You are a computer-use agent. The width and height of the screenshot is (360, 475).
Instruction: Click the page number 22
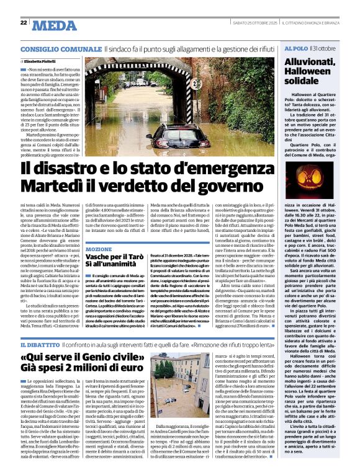[x=24, y=23]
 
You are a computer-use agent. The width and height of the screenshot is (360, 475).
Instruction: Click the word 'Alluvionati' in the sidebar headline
[x=315, y=62]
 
